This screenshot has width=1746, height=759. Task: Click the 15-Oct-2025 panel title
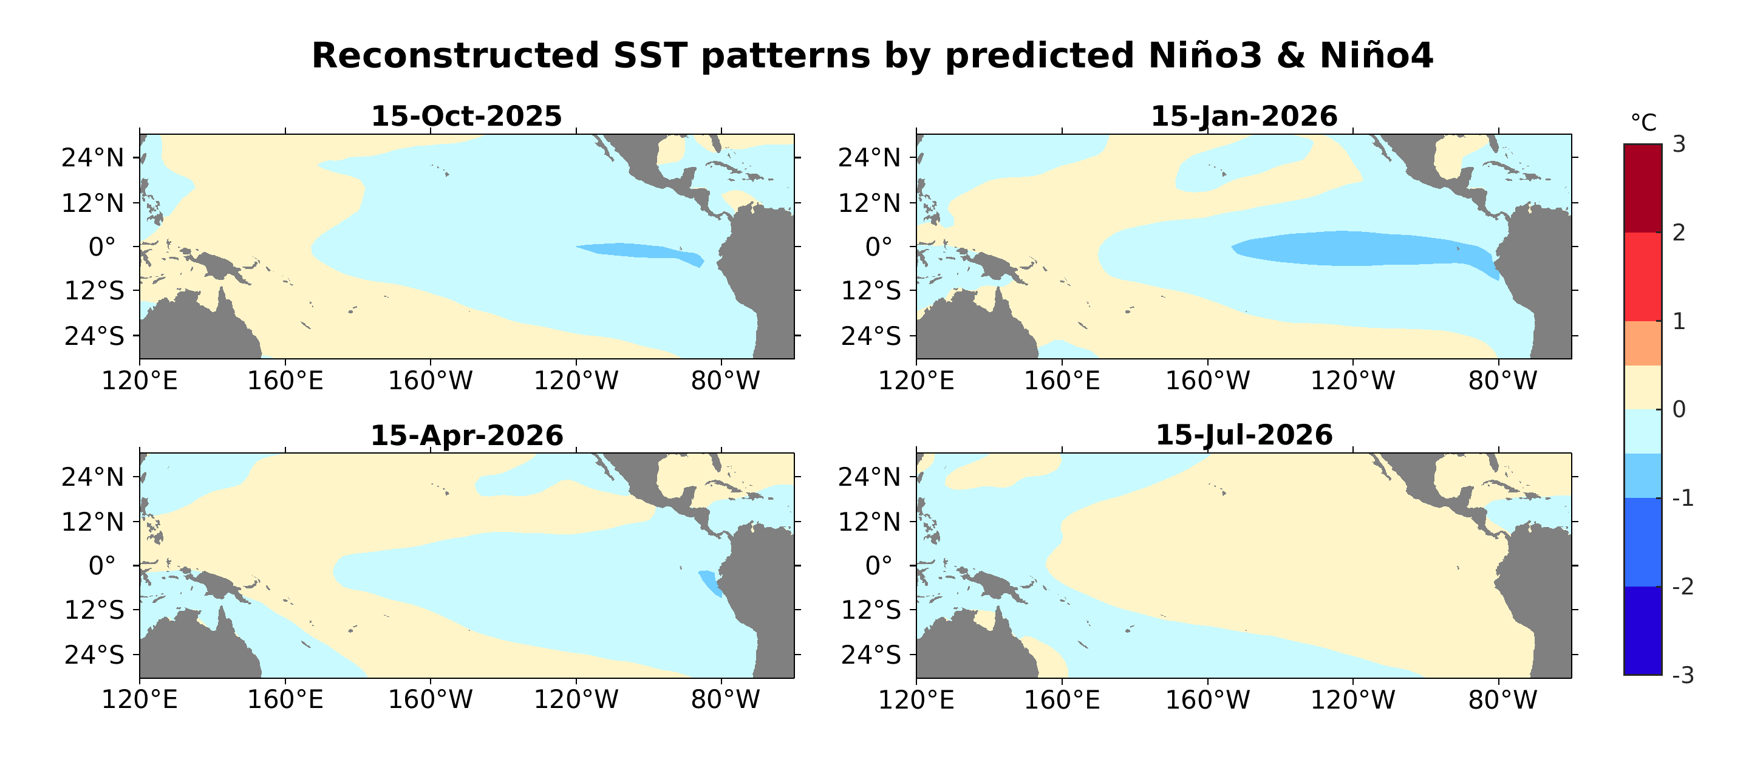click(x=466, y=116)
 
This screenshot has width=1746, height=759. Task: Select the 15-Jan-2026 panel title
click(x=1244, y=116)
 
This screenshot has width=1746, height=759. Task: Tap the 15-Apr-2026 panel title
click(x=466, y=435)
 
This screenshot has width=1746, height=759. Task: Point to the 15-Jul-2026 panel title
click(x=1244, y=435)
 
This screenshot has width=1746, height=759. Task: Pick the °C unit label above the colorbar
click(x=1643, y=123)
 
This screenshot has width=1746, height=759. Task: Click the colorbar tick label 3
click(x=1679, y=145)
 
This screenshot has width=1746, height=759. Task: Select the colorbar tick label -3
click(x=1682, y=675)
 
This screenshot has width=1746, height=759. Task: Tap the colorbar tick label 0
click(x=1679, y=409)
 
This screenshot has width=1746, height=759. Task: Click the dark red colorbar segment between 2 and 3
click(x=1642, y=188)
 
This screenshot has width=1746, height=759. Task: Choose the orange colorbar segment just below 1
click(x=1642, y=344)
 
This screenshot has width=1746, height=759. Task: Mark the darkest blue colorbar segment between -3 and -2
click(x=1642, y=630)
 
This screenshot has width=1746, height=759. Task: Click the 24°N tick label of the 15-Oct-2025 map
click(x=93, y=158)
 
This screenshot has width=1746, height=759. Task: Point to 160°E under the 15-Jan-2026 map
click(x=1062, y=381)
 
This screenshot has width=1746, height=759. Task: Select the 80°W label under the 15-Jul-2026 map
click(x=1502, y=699)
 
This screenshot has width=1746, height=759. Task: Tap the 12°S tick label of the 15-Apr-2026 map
click(x=94, y=610)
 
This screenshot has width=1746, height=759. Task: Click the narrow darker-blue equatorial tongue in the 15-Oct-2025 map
click(x=637, y=251)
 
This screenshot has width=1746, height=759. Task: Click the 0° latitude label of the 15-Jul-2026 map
click(x=878, y=566)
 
